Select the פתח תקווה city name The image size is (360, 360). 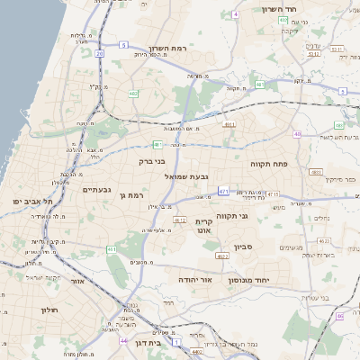click(269, 164)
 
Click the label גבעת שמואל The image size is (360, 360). click(187, 176)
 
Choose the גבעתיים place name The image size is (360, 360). click(96, 189)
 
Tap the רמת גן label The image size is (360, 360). click(131, 194)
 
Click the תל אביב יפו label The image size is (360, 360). click(31, 201)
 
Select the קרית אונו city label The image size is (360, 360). click(203, 226)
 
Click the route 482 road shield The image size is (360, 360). click(133, 93)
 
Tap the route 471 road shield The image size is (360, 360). click(224, 190)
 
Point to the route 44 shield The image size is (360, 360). click(123, 340)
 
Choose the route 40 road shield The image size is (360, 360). click(297, 134)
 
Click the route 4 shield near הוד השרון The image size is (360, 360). click(236, 14)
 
